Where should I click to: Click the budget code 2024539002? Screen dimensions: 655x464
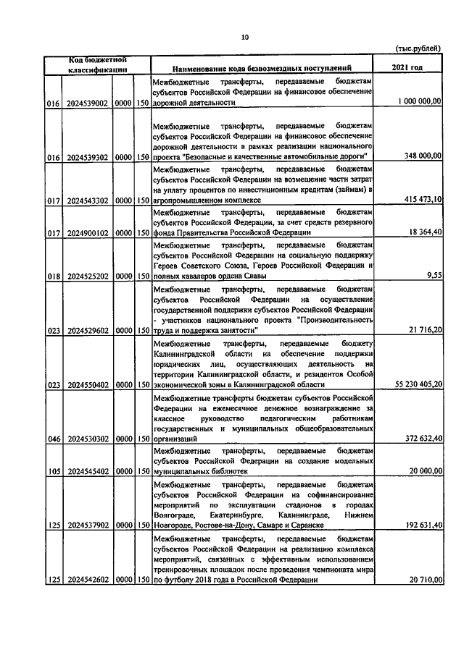pos(87,104)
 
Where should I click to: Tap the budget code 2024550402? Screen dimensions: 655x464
pos(87,385)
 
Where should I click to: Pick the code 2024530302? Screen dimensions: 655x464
pos(87,439)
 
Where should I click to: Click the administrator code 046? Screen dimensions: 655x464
pos(53,439)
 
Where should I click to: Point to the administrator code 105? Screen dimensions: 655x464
pos(53,471)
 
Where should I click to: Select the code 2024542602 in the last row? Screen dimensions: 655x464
pos(87,579)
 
